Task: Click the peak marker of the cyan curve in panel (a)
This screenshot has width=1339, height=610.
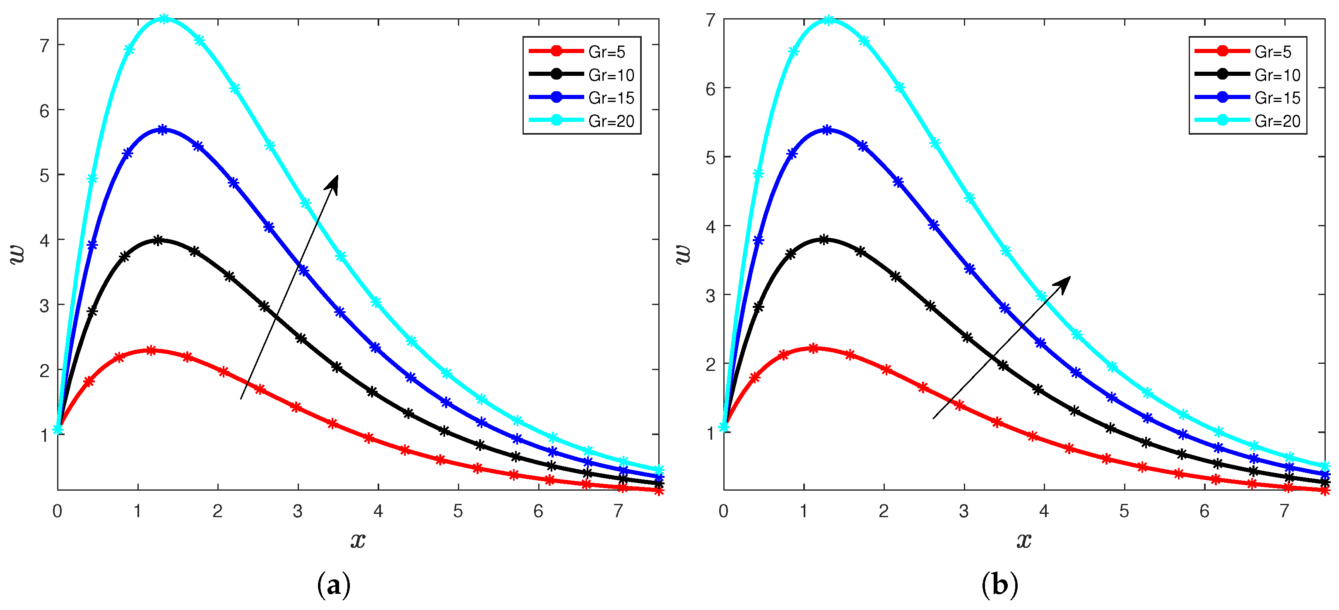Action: coord(164,19)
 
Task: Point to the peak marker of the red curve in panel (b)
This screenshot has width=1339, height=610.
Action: coord(814,349)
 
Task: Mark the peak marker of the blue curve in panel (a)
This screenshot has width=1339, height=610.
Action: coord(163,129)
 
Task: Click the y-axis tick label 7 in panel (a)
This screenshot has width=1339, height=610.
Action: coord(45,46)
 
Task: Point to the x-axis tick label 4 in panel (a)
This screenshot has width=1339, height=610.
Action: coord(378,511)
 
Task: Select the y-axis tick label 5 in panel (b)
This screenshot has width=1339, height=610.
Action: coord(710,157)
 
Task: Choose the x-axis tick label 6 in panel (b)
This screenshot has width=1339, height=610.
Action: coord(1204,511)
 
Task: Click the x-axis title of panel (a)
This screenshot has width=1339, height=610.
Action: coord(358,540)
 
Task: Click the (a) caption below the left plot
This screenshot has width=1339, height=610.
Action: coord(333,585)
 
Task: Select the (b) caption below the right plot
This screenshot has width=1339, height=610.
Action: coord(999,585)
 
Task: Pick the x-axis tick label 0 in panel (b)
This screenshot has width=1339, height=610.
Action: coord(724,511)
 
